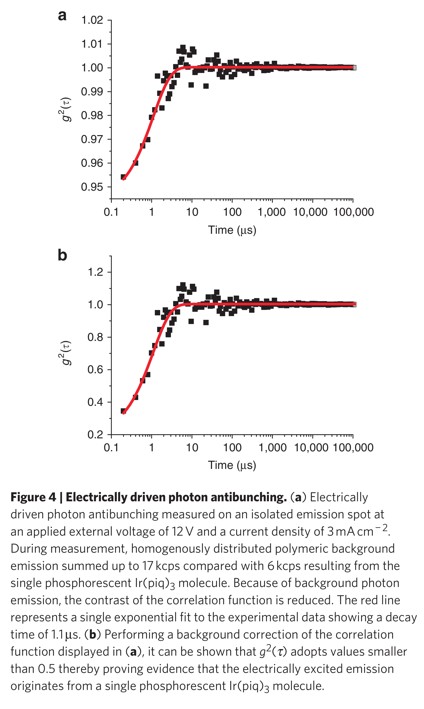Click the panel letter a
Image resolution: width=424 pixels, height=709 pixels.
pyautogui.click(x=62, y=16)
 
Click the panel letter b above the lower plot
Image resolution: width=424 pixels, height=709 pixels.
pyautogui.click(x=62, y=255)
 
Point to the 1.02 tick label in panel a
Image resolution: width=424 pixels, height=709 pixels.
pyautogui.click(x=92, y=20)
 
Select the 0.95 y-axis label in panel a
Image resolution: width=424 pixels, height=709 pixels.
pyautogui.click(x=92, y=187)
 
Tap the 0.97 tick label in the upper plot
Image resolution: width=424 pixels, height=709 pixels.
pyautogui.click(x=92, y=139)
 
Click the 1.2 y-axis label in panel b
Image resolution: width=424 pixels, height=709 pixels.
pyautogui.click(x=95, y=272)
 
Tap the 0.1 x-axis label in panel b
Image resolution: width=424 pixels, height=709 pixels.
pyautogui.click(x=111, y=448)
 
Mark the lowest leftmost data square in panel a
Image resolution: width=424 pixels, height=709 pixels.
pyautogui.click(x=123, y=177)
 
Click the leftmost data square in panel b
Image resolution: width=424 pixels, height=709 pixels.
pyautogui.click(x=123, y=411)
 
